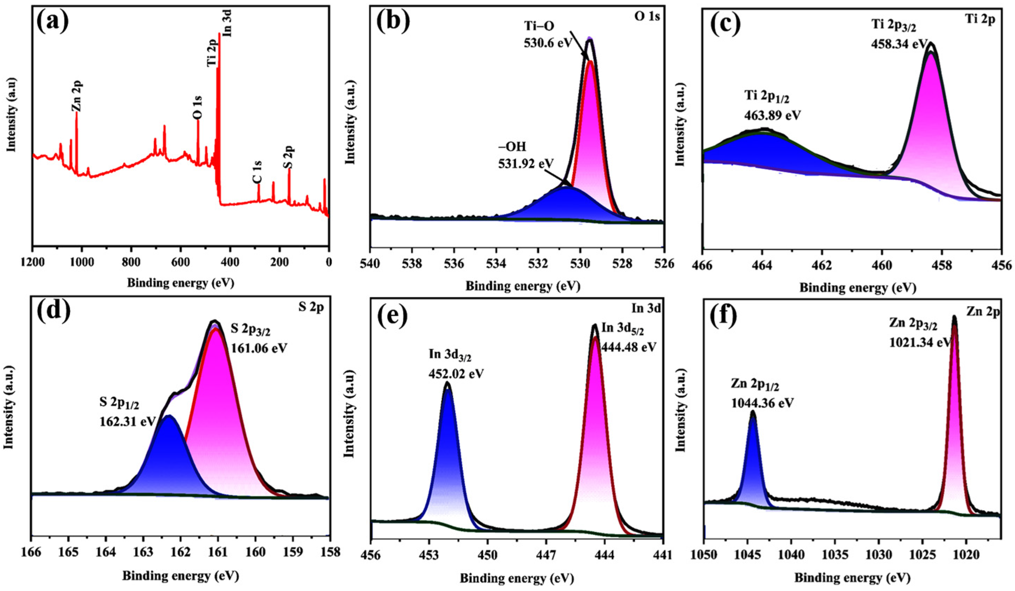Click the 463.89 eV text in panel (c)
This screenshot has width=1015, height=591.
coord(772,115)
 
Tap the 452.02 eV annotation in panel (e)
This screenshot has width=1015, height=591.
coord(456,373)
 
